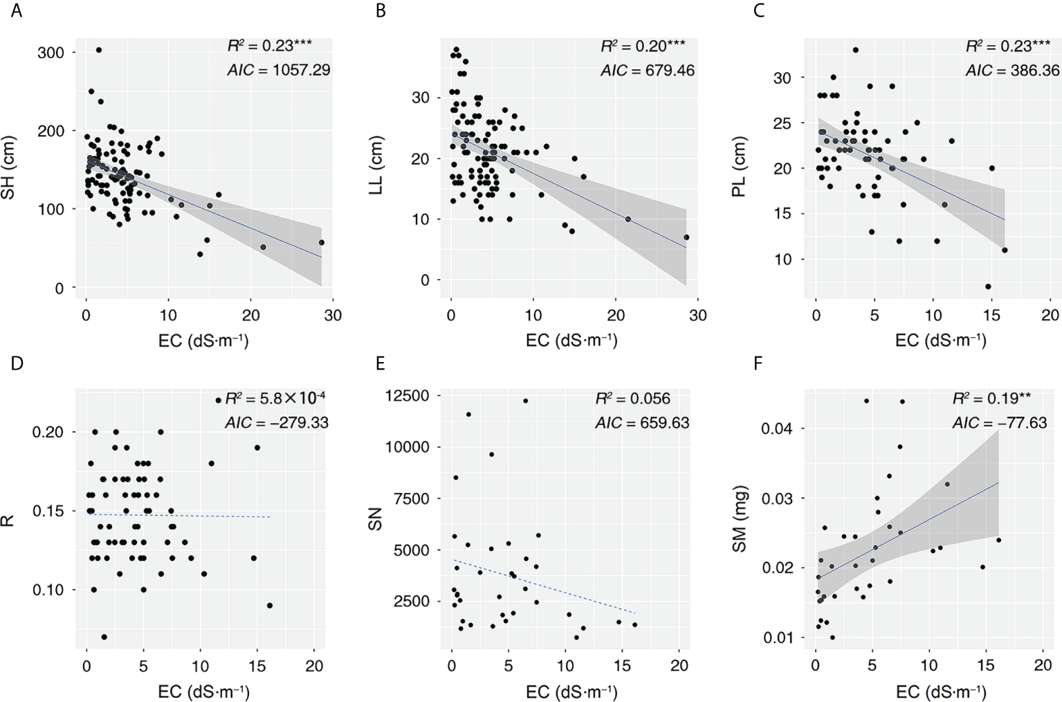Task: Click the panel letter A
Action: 16,12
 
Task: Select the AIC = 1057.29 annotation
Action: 279,70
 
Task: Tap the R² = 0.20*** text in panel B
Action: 643,46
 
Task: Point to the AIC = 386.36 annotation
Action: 1012,70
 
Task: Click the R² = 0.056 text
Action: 632,399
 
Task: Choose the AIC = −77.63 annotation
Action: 999,422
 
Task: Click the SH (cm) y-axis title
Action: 9,168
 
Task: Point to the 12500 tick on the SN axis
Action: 406,396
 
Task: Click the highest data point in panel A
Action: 99,50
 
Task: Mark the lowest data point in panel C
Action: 988,287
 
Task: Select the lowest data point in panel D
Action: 104,637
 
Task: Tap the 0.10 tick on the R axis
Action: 48,590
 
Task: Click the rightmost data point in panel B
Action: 686,237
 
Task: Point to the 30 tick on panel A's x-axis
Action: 332,315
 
